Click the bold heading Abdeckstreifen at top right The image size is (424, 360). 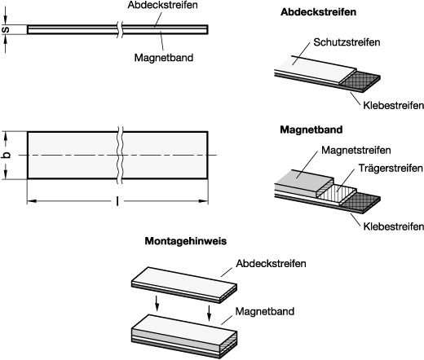(x=318, y=12)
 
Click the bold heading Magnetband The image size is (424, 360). (x=311, y=130)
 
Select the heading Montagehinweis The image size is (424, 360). (x=186, y=241)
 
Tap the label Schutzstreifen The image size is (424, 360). (x=347, y=42)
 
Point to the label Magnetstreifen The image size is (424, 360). (x=356, y=150)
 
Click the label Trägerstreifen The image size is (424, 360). (x=391, y=168)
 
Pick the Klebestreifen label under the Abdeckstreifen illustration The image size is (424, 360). (x=393, y=105)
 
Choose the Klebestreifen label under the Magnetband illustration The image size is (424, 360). (x=393, y=226)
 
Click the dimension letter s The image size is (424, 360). (x=6, y=29)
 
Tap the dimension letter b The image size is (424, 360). (x=6, y=155)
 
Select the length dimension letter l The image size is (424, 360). (x=117, y=201)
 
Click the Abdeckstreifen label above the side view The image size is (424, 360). (x=162, y=5)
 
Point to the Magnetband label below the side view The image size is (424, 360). (x=164, y=58)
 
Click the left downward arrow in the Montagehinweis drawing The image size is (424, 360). (x=157, y=304)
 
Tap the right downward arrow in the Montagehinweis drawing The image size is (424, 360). (x=209, y=313)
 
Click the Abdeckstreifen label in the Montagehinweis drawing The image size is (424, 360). (x=271, y=263)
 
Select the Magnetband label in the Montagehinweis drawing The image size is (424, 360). (x=265, y=311)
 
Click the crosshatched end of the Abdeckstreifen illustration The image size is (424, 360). (x=360, y=81)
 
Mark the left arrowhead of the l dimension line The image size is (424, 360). (x=32, y=201)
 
